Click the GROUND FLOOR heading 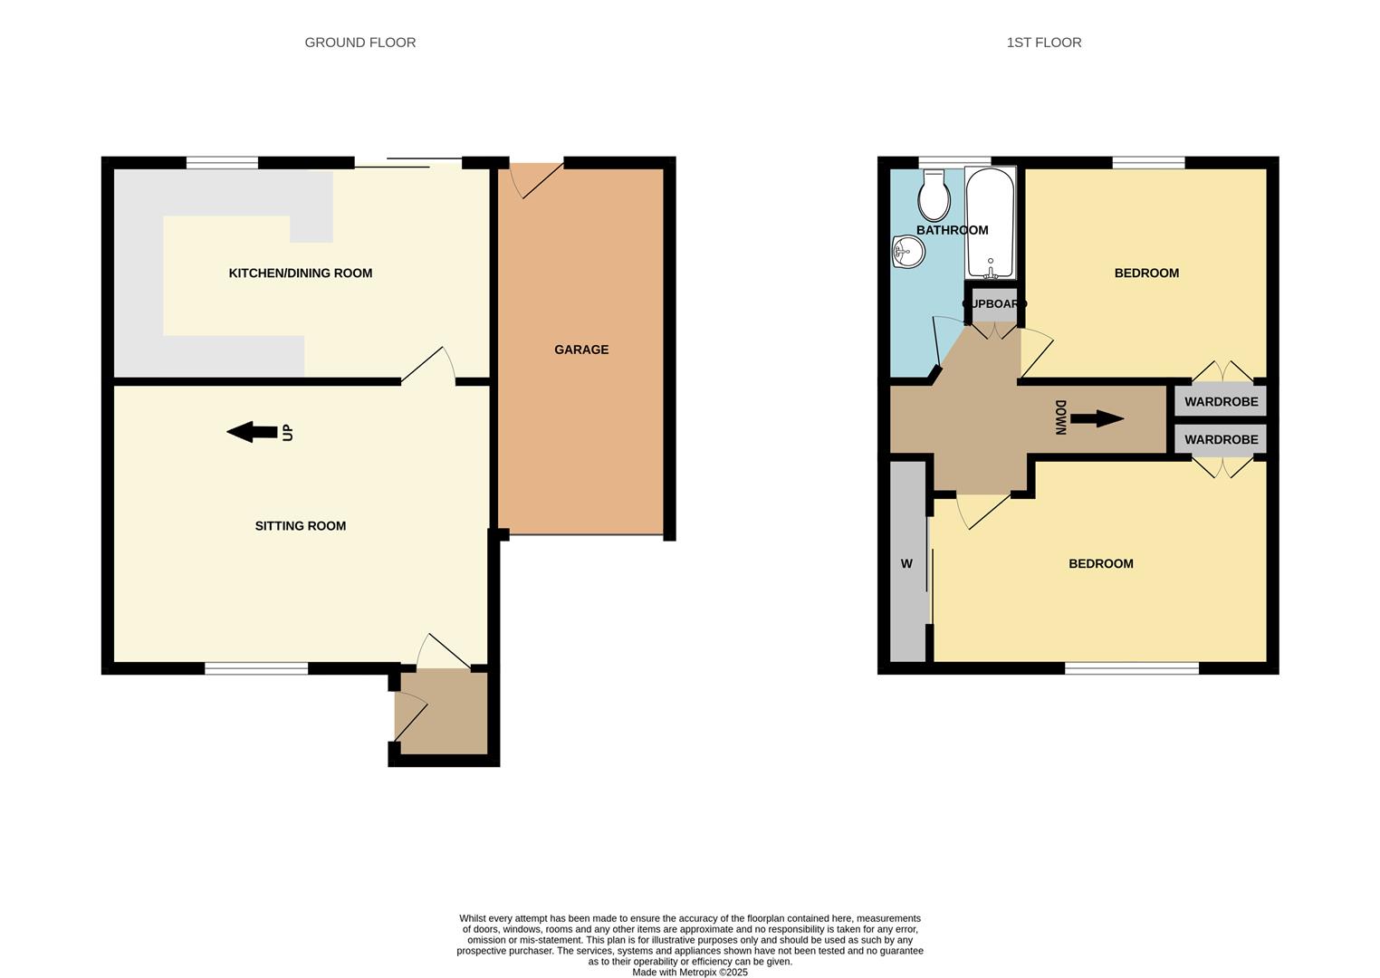click(x=359, y=43)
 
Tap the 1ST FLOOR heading click(x=1044, y=43)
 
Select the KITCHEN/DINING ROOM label click(x=300, y=273)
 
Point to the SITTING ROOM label click(x=300, y=525)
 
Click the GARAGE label click(x=581, y=350)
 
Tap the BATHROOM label click(x=952, y=230)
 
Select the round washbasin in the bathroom click(x=908, y=253)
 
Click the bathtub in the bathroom click(x=990, y=224)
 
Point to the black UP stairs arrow click(x=252, y=432)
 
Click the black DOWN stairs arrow click(x=1097, y=419)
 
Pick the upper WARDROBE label click(x=1221, y=402)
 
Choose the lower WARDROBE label click(x=1221, y=439)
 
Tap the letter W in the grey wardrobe click(x=906, y=563)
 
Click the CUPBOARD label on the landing click(x=994, y=304)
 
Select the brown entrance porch click(x=441, y=713)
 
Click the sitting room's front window click(x=256, y=668)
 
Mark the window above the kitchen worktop click(x=222, y=163)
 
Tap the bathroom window click(x=955, y=162)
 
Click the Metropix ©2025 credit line click(x=689, y=973)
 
